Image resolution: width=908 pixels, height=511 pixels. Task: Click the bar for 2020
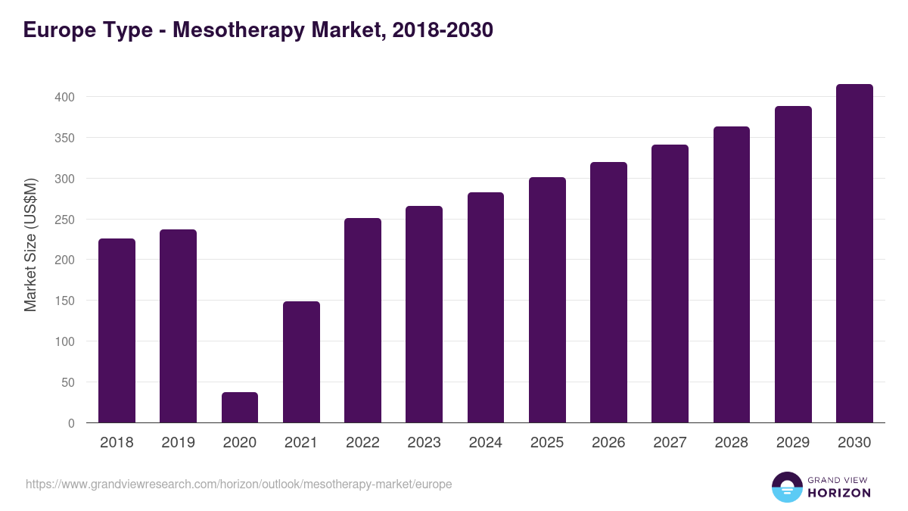tap(240, 407)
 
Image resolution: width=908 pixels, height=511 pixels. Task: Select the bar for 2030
tap(854, 254)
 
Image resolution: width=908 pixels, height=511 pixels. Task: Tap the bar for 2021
tap(301, 362)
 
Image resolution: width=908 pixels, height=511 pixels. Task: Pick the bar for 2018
tap(117, 331)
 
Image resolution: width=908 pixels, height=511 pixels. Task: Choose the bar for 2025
tap(547, 300)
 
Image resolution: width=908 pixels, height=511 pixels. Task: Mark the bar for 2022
tap(362, 320)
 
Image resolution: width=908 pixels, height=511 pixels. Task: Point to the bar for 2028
tap(732, 275)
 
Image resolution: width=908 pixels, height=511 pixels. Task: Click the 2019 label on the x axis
tap(178, 443)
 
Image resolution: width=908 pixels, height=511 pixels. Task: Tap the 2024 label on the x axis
tap(485, 443)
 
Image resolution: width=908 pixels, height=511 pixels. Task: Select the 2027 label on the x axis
tap(670, 443)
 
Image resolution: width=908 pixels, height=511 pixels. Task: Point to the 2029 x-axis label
tap(793, 443)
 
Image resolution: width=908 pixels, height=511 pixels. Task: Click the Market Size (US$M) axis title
tap(30, 245)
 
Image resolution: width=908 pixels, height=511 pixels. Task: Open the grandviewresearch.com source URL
tap(238, 484)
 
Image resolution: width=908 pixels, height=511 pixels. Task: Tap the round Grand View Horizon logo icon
tap(786, 487)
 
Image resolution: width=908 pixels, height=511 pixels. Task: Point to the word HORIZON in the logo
tap(839, 493)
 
